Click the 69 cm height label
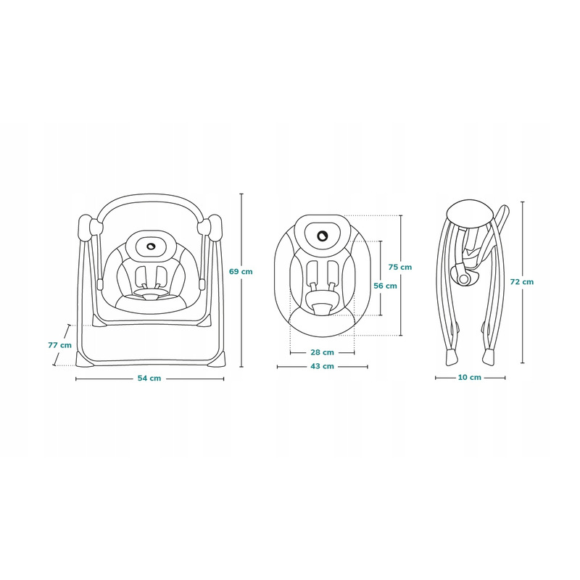[x=241, y=271]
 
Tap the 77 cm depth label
[x=60, y=345]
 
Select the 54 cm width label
[x=149, y=378]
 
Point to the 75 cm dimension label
[x=400, y=267]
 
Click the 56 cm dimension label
[x=385, y=286]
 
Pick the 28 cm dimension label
[x=322, y=352]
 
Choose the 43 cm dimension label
[x=322, y=366]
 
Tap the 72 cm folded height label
[x=522, y=282]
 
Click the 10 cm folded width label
[x=470, y=377]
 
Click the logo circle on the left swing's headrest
[x=151, y=246]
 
